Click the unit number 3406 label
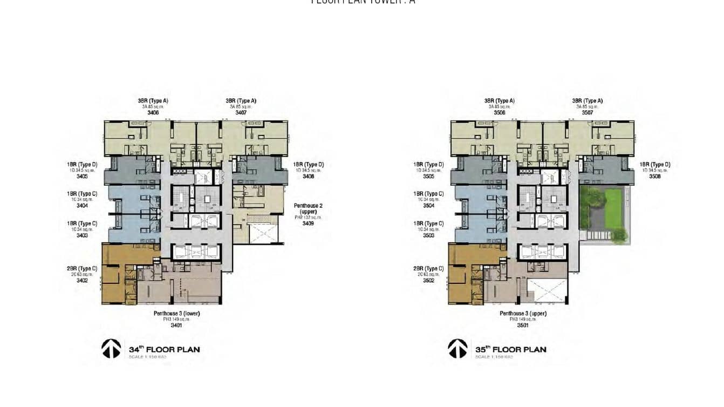click(153, 113)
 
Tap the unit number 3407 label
click(241, 113)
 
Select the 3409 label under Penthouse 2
click(308, 223)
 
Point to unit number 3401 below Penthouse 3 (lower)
click(176, 325)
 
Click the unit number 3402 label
click(82, 280)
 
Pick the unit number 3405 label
click(82, 176)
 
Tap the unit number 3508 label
click(655, 176)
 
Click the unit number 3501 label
click(523, 325)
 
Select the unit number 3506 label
click(500, 113)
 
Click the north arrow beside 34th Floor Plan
click(111, 349)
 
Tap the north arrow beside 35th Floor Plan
click(457, 349)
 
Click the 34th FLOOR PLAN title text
click(164, 349)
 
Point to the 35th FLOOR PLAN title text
click(510, 349)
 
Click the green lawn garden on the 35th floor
click(614, 207)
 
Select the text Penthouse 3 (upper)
click(523, 314)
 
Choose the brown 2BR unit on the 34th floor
click(116, 275)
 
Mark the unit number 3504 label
click(428, 206)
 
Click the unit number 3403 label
click(82, 235)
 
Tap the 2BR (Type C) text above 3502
click(428, 269)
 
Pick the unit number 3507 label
click(587, 113)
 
